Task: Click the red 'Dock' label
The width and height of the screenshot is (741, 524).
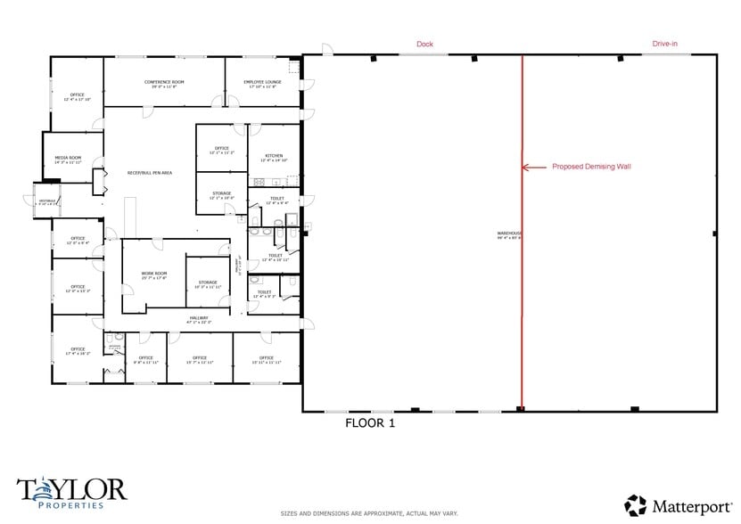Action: point(424,44)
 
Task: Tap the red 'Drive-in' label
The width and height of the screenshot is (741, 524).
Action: point(664,44)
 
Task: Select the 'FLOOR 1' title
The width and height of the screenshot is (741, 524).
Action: point(369,423)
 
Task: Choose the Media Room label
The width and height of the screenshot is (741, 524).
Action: point(68,160)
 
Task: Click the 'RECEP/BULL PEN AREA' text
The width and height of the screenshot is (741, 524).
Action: point(149,172)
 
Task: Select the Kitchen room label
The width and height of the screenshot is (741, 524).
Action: point(273,157)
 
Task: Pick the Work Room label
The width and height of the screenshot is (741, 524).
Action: point(153,275)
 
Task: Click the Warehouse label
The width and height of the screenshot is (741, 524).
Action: point(509,236)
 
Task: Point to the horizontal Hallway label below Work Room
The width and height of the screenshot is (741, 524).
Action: point(198,319)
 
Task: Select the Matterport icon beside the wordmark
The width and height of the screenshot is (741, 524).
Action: point(635,505)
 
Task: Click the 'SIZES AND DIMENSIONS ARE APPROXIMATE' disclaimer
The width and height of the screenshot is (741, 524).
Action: point(369,513)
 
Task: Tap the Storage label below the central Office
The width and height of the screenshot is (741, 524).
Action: point(221,195)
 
